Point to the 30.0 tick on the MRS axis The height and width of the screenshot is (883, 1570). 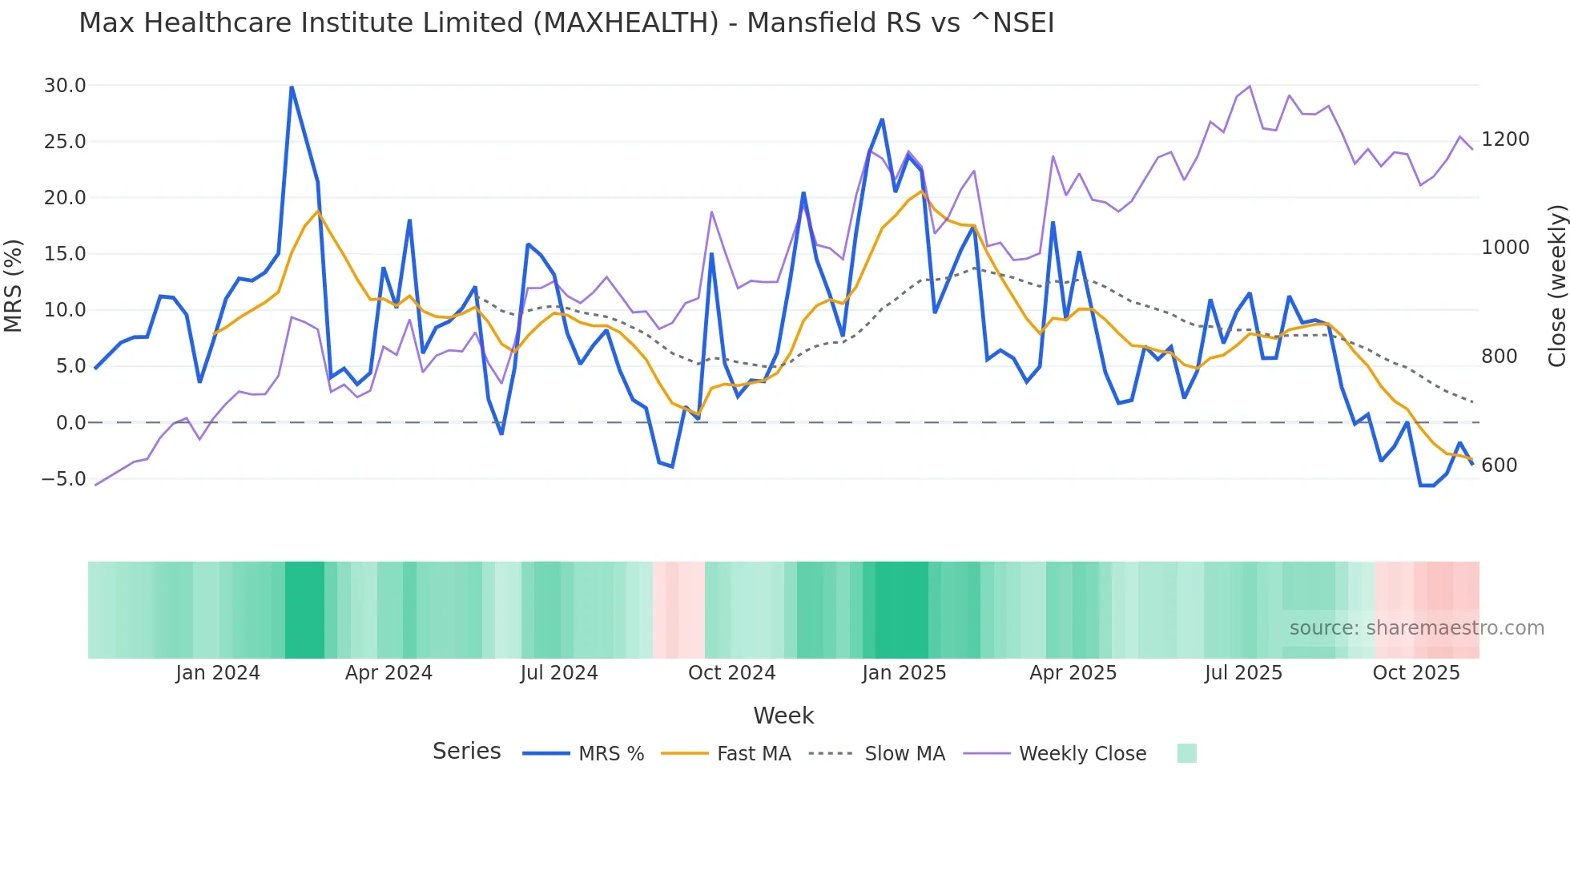[65, 86]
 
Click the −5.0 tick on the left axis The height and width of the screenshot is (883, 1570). [63, 479]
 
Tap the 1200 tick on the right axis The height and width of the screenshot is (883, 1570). [1505, 139]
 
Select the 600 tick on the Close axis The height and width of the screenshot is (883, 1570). [1499, 466]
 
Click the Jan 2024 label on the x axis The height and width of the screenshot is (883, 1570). [218, 673]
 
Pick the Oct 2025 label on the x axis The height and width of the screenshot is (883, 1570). [1415, 673]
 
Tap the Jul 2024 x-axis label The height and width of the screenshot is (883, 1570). [559, 673]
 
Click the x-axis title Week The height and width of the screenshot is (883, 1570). [783, 716]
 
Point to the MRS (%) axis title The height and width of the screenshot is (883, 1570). [14, 285]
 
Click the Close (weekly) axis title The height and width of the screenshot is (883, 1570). [1556, 285]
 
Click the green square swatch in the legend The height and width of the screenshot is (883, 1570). [1186, 753]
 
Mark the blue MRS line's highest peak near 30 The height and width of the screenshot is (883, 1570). [292, 87]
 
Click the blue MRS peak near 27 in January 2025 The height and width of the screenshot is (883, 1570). [882, 120]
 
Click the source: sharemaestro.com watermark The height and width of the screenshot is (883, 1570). [1416, 628]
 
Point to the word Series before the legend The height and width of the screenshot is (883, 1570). [466, 752]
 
